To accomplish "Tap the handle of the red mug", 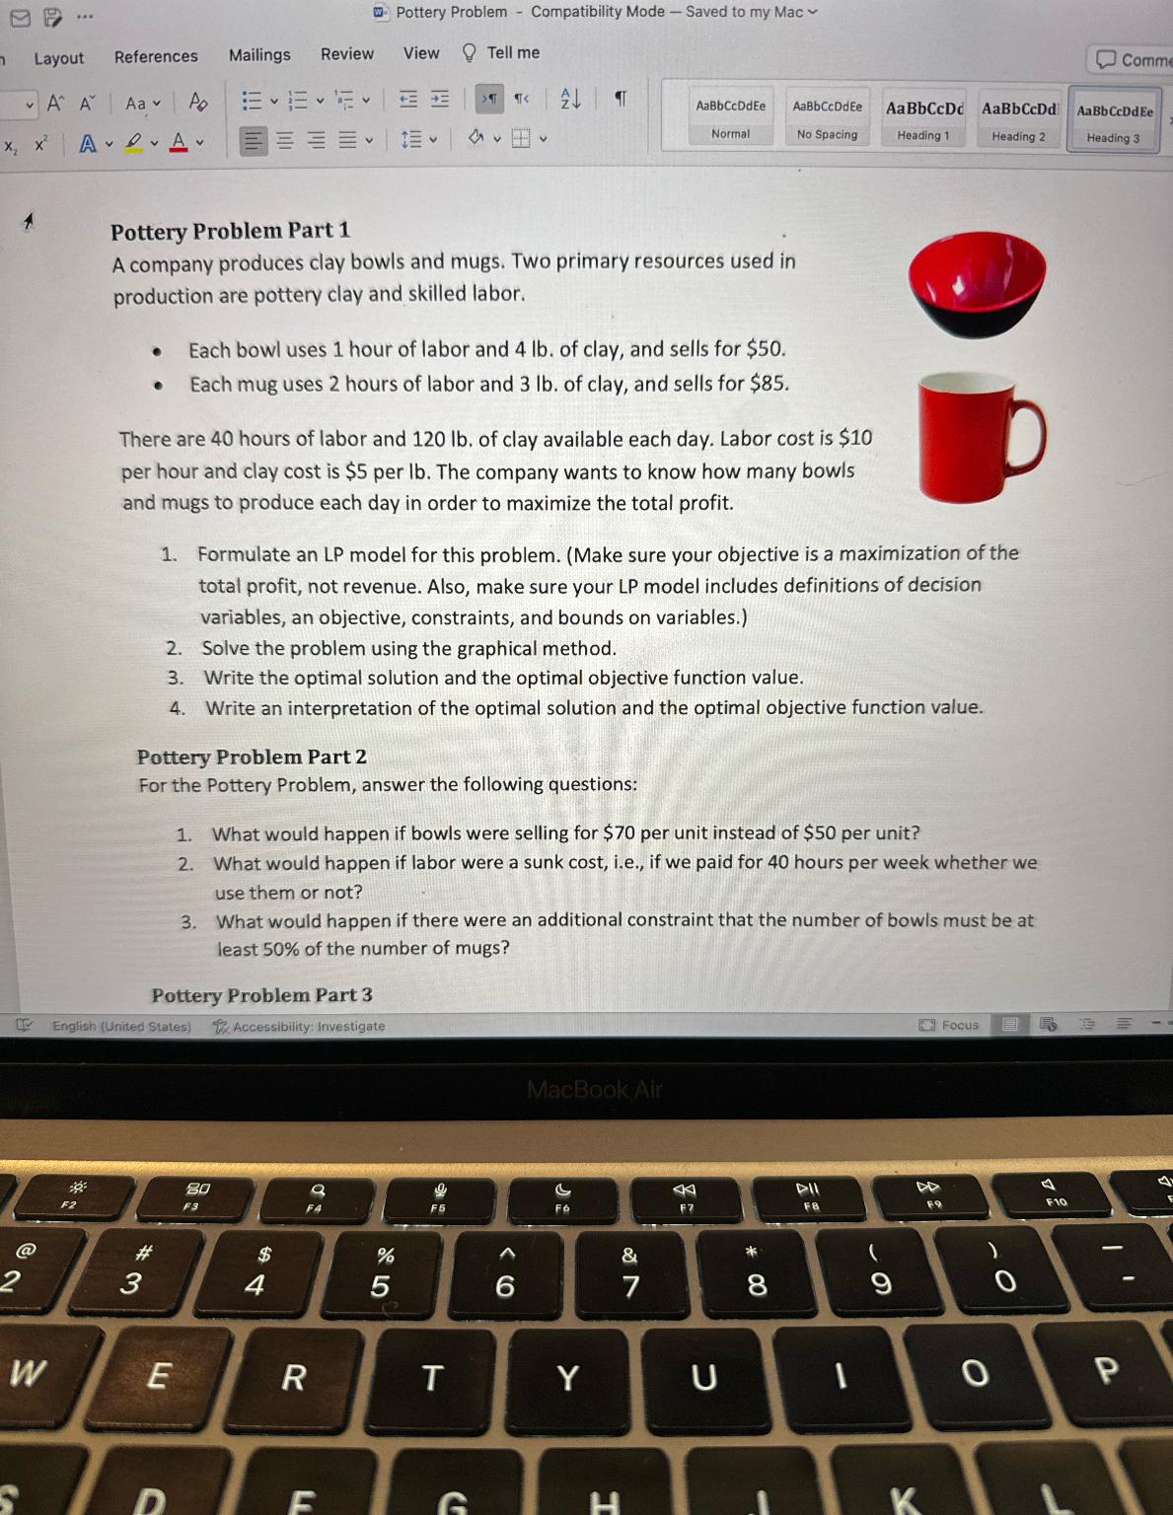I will [x=1028, y=437].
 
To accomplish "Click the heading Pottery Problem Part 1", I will [x=230, y=231].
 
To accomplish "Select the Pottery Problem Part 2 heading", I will [x=252, y=757].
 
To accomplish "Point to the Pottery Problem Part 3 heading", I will [x=261, y=995].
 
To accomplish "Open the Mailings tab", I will [x=259, y=55].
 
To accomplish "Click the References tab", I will [x=156, y=56].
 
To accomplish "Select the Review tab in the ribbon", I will [x=347, y=54].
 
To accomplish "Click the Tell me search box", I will [x=513, y=52].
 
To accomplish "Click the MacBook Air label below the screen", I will [x=594, y=1089].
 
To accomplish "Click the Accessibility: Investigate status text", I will [x=308, y=1026].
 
